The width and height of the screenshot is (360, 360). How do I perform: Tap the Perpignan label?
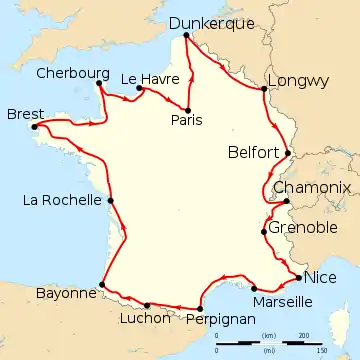(220, 319)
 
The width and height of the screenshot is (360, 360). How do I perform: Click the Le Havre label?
(143, 77)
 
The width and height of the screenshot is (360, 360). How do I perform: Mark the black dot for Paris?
(187, 108)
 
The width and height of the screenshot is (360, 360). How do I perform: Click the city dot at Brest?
(36, 126)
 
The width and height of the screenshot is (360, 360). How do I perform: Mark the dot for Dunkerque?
(186, 37)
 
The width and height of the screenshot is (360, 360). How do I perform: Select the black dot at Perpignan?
(200, 307)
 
